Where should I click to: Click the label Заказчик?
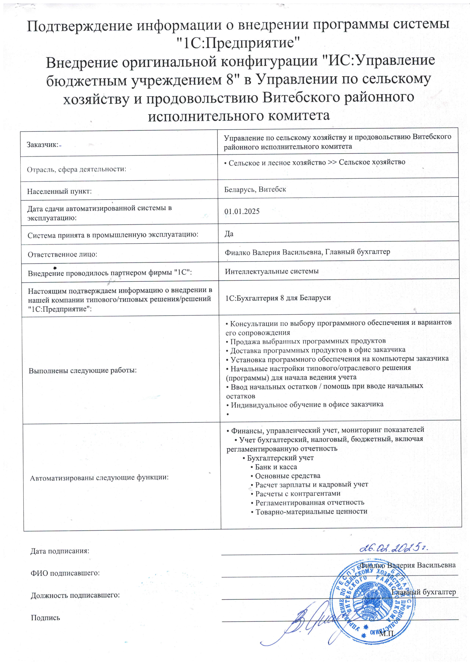tap(43, 144)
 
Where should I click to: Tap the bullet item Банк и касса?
tap(276, 467)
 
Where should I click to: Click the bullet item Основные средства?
tap(287, 476)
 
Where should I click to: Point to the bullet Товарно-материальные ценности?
tap(311, 511)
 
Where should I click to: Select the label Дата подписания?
tap(60, 551)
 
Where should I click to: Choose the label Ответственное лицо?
tap(62, 254)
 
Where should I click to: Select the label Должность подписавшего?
tap(75, 595)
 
